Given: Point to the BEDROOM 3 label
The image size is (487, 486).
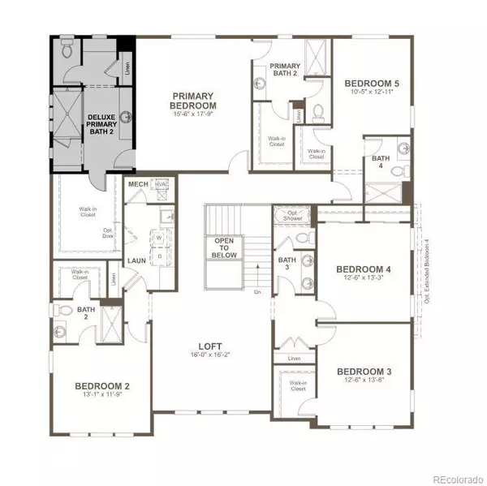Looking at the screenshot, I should [x=364, y=372].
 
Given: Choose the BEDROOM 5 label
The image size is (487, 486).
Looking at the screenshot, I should [x=371, y=83].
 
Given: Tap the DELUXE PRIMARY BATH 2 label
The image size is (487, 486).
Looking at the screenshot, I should [x=103, y=127].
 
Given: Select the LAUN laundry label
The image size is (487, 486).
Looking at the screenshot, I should [x=136, y=260].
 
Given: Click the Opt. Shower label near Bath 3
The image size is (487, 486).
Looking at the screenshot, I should [x=291, y=215].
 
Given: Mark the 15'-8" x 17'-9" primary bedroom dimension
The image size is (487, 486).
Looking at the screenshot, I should [x=193, y=114].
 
